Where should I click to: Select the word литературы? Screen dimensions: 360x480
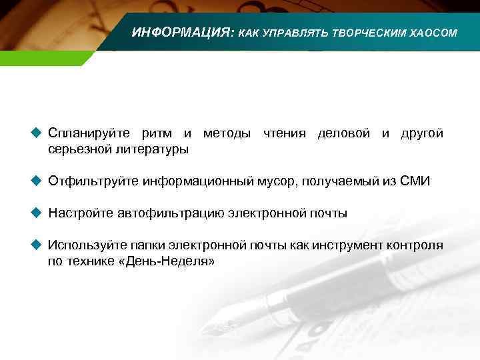tap(152, 149)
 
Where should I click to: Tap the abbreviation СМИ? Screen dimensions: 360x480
tap(415, 181)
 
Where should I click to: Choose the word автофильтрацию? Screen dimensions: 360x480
tap(171, 214)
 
